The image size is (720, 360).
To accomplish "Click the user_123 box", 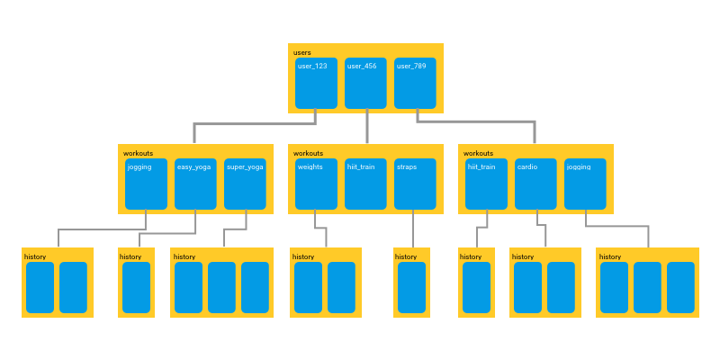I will tap(316, 83).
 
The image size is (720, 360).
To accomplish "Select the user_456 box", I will tap(365, 83).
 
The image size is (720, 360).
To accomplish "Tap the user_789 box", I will tap(415, 83).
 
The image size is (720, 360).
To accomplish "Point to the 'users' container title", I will tap(302, 52).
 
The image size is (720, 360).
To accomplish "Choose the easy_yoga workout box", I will tap(195, 184).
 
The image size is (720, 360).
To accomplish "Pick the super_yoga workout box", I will tap(245, 184).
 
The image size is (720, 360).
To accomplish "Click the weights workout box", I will tap(316, 184).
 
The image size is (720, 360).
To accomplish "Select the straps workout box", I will tap(415, 184).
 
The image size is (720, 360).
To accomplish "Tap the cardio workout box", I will tap(536, 184).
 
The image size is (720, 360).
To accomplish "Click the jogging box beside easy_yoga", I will tap(146, 184).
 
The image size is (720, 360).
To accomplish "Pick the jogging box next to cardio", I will tap(585, 184).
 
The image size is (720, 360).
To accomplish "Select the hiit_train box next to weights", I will tap(365, 184).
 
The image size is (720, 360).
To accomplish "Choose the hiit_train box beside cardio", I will tap(487, 184).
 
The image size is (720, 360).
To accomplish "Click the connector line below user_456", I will tap(366, 129).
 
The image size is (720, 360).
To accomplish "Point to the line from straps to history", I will tap(413, 230).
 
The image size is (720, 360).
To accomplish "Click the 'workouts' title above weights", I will tap(308, 153).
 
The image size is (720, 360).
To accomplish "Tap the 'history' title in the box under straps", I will tap(406, 256).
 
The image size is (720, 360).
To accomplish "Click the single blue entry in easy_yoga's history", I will tap(136, 287).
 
